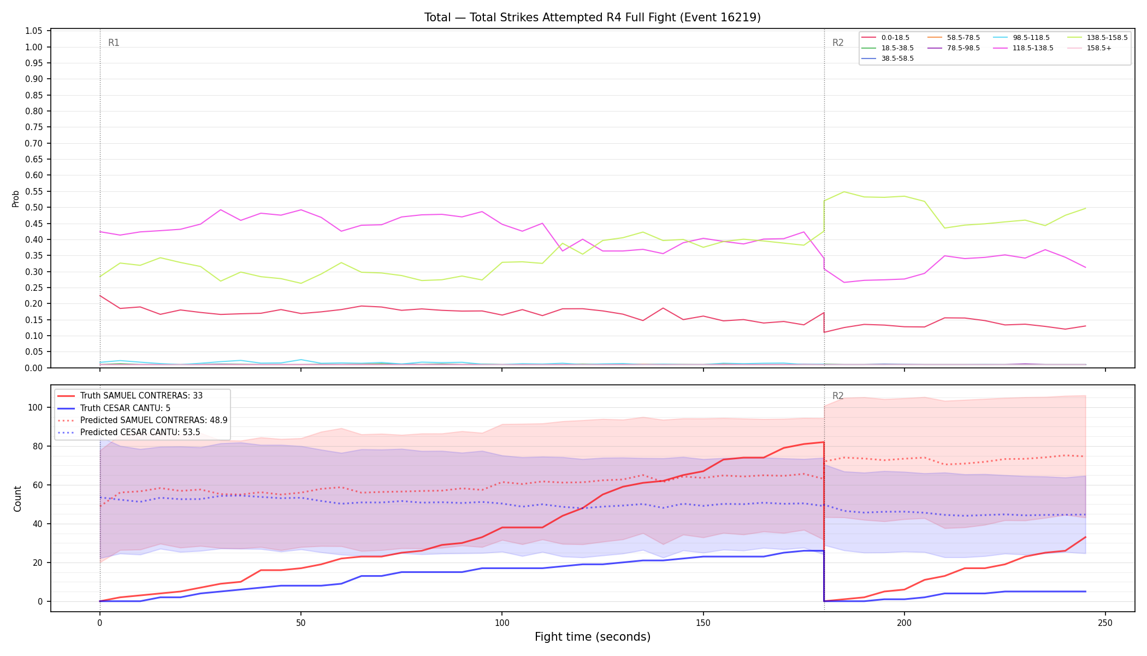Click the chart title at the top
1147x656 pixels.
coord(593,17)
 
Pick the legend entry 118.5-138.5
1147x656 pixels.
coord(1033,48)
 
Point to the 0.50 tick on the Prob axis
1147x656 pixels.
coord(34,208)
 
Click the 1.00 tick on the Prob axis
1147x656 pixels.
coord(34,47)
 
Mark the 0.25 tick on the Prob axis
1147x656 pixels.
coord(34,288)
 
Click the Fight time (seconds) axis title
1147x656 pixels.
coord(593,637)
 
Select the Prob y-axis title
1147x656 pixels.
coord(16,198)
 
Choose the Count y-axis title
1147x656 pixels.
coord(17,499)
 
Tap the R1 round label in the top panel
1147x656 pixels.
coord(114,43)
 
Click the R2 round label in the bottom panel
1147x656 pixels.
coord(838,396)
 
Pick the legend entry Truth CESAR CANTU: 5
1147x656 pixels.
coord(125,408)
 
